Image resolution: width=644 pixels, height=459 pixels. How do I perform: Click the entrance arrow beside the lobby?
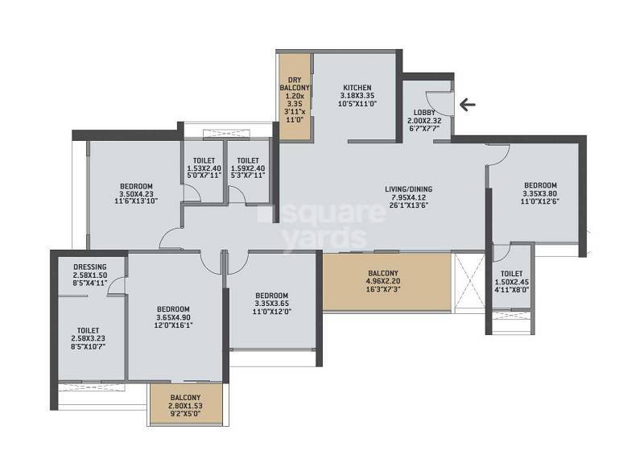466,104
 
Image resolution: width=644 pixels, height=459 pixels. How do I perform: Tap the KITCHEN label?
357,87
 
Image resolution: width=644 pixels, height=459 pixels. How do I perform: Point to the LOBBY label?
425,113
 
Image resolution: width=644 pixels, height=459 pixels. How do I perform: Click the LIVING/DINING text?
411,190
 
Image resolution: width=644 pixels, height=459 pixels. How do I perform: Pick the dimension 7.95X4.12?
411,198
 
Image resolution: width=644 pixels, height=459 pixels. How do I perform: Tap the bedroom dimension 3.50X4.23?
134,193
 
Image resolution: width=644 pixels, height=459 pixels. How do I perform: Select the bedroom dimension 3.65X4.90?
173,317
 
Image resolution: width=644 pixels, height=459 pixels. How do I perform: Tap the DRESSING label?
90,267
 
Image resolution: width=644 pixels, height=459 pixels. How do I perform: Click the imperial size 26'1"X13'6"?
411,206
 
